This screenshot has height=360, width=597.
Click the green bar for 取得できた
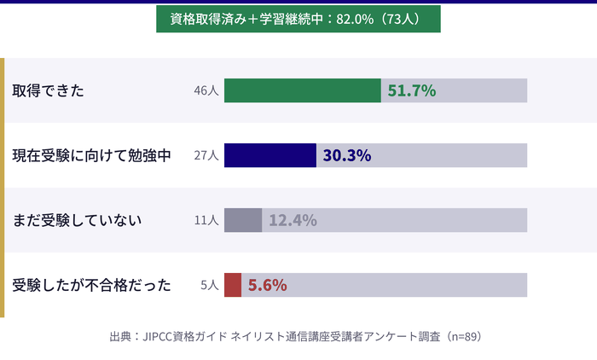click(303, 90)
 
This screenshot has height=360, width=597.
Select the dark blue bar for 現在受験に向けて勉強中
click(270, 155)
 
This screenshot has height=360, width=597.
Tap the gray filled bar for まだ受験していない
click(243, 220)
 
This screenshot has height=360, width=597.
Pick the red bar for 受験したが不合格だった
click(233, 285)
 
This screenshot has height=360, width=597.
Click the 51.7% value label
click(412, 90)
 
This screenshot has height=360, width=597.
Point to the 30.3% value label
click(347, 155)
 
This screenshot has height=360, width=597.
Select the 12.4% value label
click(293, 220)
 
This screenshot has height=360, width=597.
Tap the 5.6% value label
click(267, 285)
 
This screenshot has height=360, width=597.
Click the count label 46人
click(206, 90)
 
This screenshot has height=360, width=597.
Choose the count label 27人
click(206, 155)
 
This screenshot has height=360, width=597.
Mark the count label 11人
click(206, 220)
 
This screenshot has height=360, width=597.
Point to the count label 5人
click(210, 285)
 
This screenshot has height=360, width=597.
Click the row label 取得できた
click(48, 90)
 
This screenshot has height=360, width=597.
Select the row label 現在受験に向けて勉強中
click(92, 155)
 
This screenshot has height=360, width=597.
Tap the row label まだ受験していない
click(77, 220)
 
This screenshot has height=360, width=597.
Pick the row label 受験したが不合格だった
click(92, 285)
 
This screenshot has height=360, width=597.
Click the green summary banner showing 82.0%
click(298, 19)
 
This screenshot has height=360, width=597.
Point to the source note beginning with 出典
click(298, 336)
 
